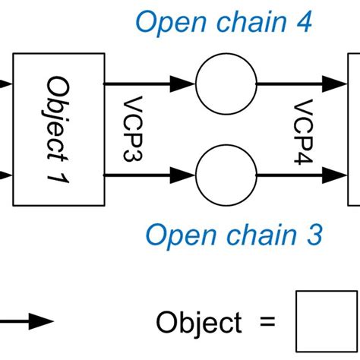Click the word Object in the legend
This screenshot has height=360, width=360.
pyautogui.click(x=198, y=322)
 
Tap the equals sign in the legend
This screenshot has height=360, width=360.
pyautogui.click(x=266, y=322)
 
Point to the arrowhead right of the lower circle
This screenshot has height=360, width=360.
pyautogui.click(x=337, y=174)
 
